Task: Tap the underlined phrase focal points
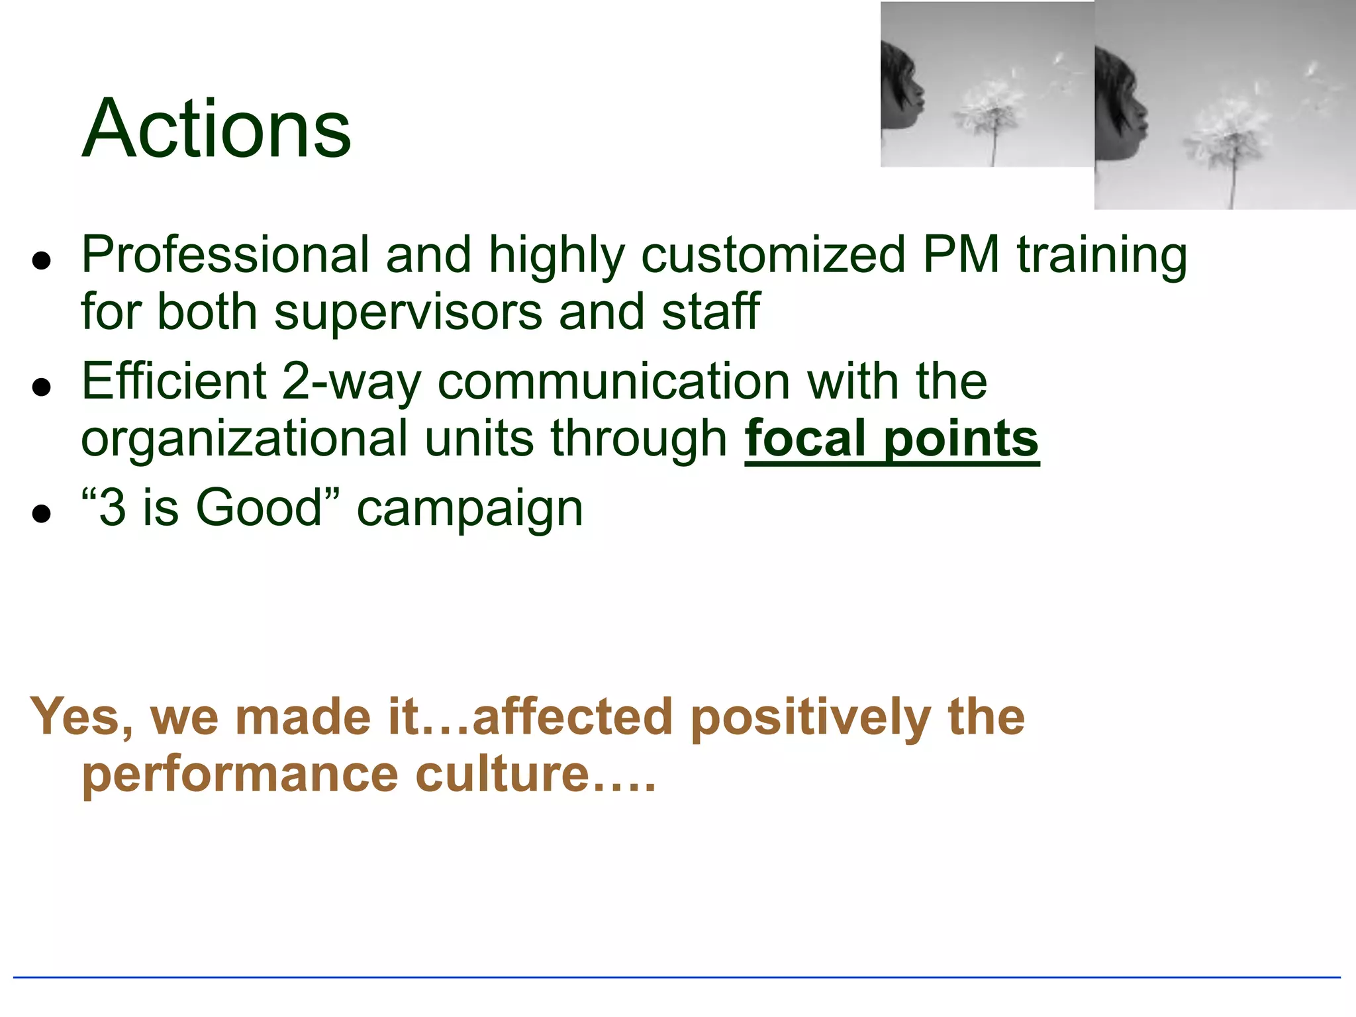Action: click(892, 439)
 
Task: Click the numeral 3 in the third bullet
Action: click(113, 508)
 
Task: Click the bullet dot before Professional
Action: click(42, 261)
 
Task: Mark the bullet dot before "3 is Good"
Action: click(42, 514)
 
